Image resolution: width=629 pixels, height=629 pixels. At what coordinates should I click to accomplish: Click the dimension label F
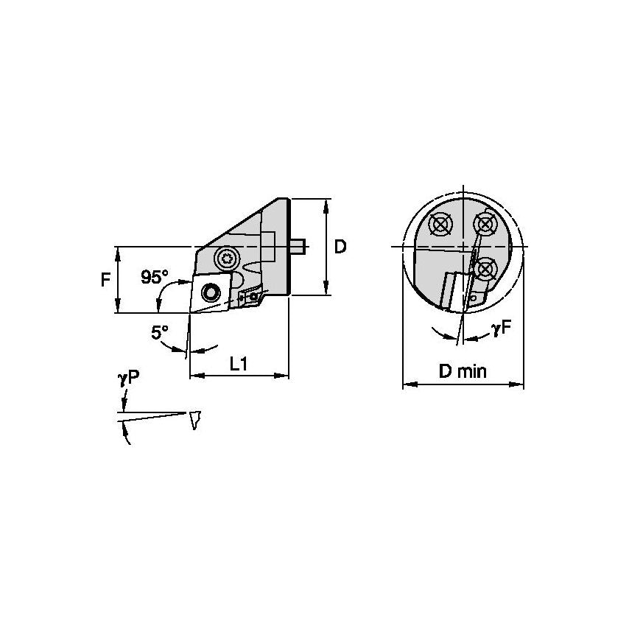click(x=105, y=280)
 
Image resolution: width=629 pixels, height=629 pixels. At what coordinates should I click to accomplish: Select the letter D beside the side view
click(x=340, y=247)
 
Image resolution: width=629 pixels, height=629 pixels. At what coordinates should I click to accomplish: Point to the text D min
click(x=463, y=371)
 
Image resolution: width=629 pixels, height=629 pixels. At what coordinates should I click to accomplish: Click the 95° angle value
click(x=155, y=277)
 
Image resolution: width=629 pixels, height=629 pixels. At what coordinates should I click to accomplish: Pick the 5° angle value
click(x=160, y=333)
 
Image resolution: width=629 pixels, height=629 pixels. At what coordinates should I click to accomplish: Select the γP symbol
click(x=128, y=378)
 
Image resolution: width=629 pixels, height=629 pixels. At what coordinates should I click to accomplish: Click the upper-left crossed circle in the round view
click(x=440, y=225)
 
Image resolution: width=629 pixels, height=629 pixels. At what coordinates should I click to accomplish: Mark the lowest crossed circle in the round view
click(x=484, y=269)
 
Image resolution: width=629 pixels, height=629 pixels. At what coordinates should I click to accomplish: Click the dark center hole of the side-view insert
click(x=212, y=293)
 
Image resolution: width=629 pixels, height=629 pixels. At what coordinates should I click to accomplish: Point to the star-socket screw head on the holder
click(x=226, y=258)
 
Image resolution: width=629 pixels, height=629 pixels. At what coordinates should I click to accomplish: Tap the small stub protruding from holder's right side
click(x=299, y=246)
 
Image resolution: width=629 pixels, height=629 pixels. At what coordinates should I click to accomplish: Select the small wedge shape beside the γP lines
click(x=195, y=420)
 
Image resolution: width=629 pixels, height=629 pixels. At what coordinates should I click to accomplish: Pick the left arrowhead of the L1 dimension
click(x=194, y=376)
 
